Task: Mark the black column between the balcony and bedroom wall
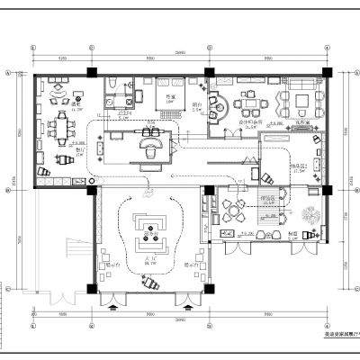208,72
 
